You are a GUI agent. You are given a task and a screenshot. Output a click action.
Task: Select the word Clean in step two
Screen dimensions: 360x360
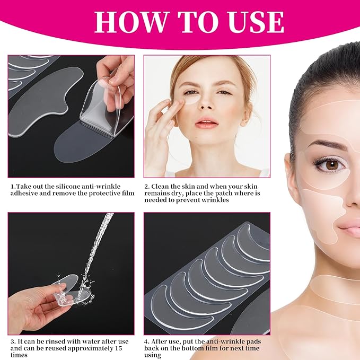[x=164, y=187]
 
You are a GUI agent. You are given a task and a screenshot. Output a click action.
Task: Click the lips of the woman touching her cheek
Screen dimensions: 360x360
[x=206, y=124]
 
